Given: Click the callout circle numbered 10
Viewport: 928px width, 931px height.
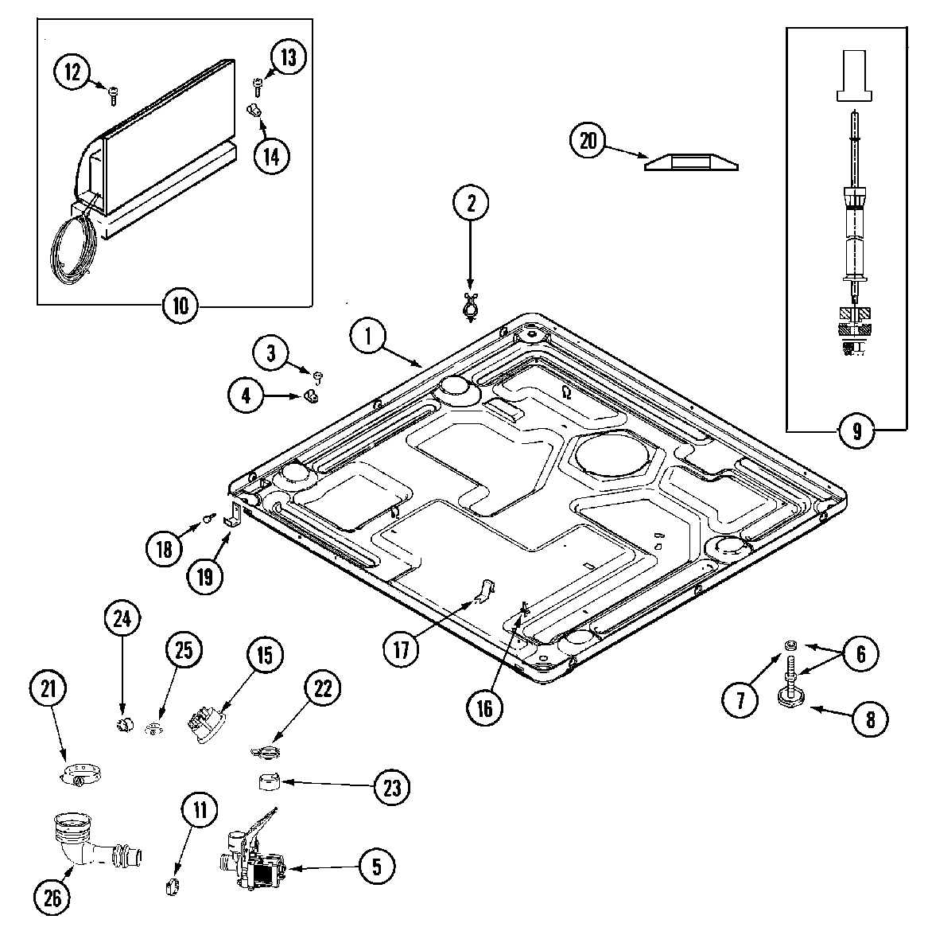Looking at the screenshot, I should (181, 306).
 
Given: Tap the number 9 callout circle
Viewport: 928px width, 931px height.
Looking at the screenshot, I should (856, 431).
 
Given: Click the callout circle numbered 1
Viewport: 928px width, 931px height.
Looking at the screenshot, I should (368, 336).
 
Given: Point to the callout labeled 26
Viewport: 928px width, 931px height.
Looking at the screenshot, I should (52, 898).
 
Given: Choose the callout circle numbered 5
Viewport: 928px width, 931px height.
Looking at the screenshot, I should (377, 866).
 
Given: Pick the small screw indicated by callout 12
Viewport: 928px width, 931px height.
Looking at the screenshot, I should (113, 96).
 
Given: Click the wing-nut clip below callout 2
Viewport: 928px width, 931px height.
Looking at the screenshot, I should (470, 305).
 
